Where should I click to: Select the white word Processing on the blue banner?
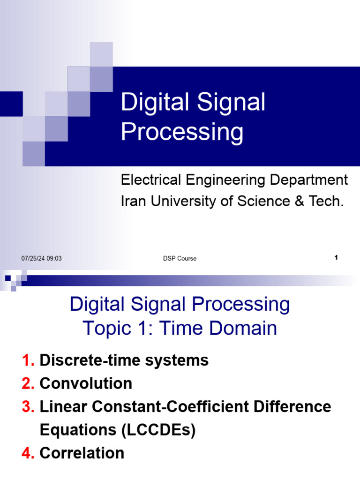pyautogui.click(x=182, y=132)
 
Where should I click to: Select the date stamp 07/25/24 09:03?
pyautogui.click(x=42, y=258)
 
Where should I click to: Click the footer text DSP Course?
pyautogui.click(x=180, y=258)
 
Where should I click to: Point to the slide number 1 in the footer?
pyautogui.click(x=336, y=258)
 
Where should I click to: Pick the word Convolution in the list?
pyautogui.click(x=86, y=383)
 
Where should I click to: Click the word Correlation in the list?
pyautogui.click(x=82, y=453)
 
